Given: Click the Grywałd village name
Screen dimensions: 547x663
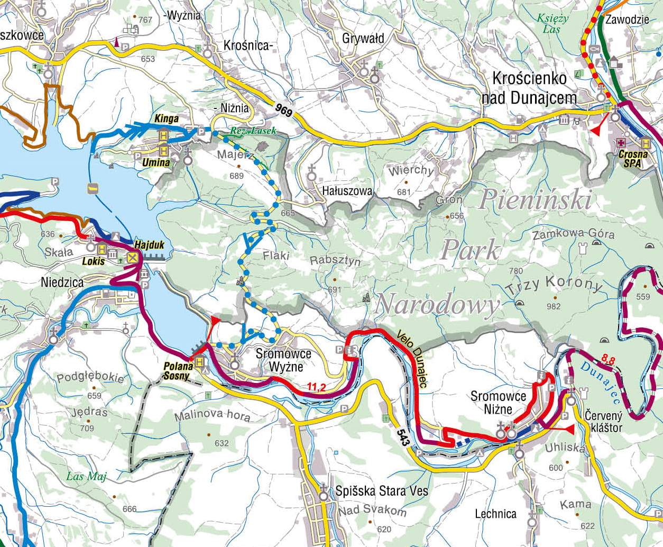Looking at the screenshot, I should click(363, 39).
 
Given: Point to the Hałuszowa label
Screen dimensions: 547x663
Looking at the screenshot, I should click(347, 190).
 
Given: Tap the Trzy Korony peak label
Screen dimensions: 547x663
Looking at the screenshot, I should click(554, 287).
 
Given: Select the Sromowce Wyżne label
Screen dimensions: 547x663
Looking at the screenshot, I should click(283, 360).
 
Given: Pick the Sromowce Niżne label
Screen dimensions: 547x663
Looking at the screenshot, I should click(498, 403).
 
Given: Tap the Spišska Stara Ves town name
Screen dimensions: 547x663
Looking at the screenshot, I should click(382, 491).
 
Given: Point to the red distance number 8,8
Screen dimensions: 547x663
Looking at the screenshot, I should click(608, 361).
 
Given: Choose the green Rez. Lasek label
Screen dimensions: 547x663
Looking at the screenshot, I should click(253, 131).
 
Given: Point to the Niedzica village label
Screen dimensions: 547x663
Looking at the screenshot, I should click(62, 282).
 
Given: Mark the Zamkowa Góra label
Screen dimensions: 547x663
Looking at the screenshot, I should click(573, 234).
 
